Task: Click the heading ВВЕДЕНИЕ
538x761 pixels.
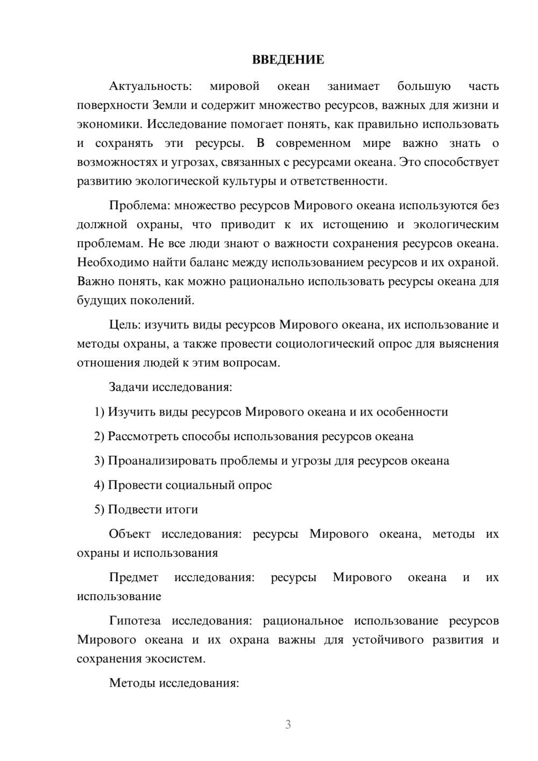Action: pos(288,60)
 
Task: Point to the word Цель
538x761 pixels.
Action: pos(124,325)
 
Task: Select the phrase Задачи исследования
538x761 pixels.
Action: pos(170,387)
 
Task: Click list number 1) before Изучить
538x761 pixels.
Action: pos(99,412)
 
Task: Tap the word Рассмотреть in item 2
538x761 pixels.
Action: pos(143,436)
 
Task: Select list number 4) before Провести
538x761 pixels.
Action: pos(99,485)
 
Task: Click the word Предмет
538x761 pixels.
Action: pos(133,577)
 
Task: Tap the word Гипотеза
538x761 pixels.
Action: pos(134,621)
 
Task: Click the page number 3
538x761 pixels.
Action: pos(288,724)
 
